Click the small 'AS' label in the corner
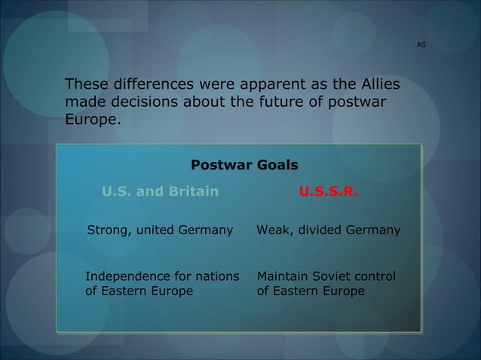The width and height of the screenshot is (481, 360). (x=421, y=45)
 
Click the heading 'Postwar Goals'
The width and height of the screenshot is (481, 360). (x=244, y=165)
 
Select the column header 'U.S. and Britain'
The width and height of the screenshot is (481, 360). (x=161, y=191)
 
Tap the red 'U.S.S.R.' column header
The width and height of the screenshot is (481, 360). (x=329, y=191)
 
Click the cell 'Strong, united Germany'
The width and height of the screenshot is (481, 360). (x=161, y=230)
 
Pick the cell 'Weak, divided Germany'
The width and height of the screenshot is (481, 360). (x=329, y=230)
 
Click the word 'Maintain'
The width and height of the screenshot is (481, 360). (x=283, y=276)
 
